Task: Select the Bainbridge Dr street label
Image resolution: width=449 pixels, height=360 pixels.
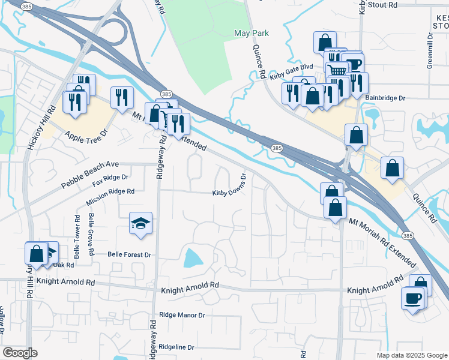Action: (x=385, y=98)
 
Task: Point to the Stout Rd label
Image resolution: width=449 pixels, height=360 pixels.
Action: (x=399, y=5)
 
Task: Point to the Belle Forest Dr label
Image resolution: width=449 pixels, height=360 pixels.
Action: (x=129, y=254)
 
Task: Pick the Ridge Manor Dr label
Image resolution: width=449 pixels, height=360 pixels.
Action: (x=182, y=314)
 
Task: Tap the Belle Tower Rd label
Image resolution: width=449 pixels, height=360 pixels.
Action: (x=77, y=233)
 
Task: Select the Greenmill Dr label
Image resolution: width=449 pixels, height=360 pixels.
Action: (x=430, y=50)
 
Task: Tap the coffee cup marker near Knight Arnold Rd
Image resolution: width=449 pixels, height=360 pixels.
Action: (x=412, y=298)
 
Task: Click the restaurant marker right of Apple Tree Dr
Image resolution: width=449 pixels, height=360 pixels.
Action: (x=122, y=97)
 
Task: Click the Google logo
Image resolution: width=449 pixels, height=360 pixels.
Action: (x=20, y=353)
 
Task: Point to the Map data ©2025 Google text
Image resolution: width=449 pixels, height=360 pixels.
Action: (x=411, y=355)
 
